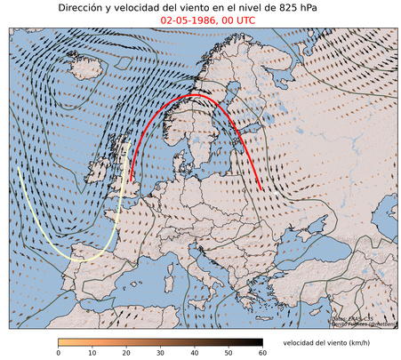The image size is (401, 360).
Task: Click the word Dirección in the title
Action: pos(85,7)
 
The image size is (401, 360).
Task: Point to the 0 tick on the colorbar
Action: pos(59,353)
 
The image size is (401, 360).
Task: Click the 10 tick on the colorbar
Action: pos(92,353)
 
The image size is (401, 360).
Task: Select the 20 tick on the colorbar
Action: pos(126,353)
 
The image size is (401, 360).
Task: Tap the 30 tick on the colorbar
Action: pos(161,353)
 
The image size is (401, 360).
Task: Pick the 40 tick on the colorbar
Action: pos(195,353)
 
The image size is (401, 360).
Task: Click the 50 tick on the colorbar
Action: pos(229,353)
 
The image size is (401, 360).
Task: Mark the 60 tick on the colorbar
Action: pos(262,353)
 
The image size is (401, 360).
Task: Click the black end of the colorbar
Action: pos(258,342)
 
